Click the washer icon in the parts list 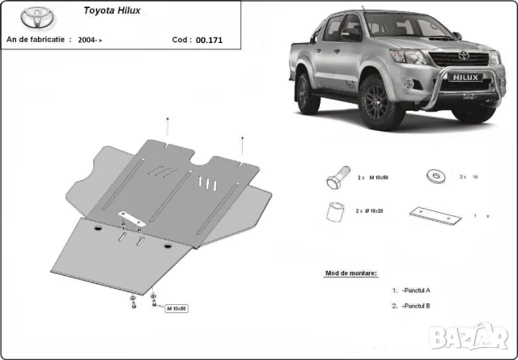(x=433, y=176)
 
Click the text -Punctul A (x=414, y=290)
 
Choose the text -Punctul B (x=414, y=306)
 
